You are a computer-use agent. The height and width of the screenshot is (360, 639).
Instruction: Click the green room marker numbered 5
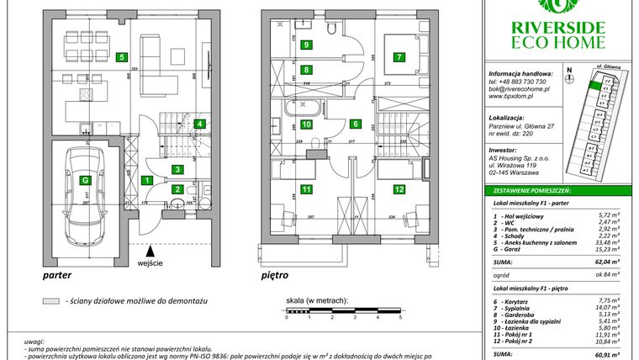(x=123, y=58)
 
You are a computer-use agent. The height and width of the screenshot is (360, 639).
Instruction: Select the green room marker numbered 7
(x=399, y=58)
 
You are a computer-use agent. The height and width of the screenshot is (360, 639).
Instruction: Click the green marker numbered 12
(x=399, y=189)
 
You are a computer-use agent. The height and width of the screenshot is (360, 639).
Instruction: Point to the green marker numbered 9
(x=307, y=45)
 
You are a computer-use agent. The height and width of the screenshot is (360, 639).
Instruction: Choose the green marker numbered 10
(x=307, y=124)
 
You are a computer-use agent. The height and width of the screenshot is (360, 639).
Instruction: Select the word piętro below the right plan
(x=275, y=275)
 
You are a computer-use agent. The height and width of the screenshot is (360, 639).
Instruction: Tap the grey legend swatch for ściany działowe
(x=50, y=300)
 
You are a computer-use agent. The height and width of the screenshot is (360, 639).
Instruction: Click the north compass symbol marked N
(x=570, y=78)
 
